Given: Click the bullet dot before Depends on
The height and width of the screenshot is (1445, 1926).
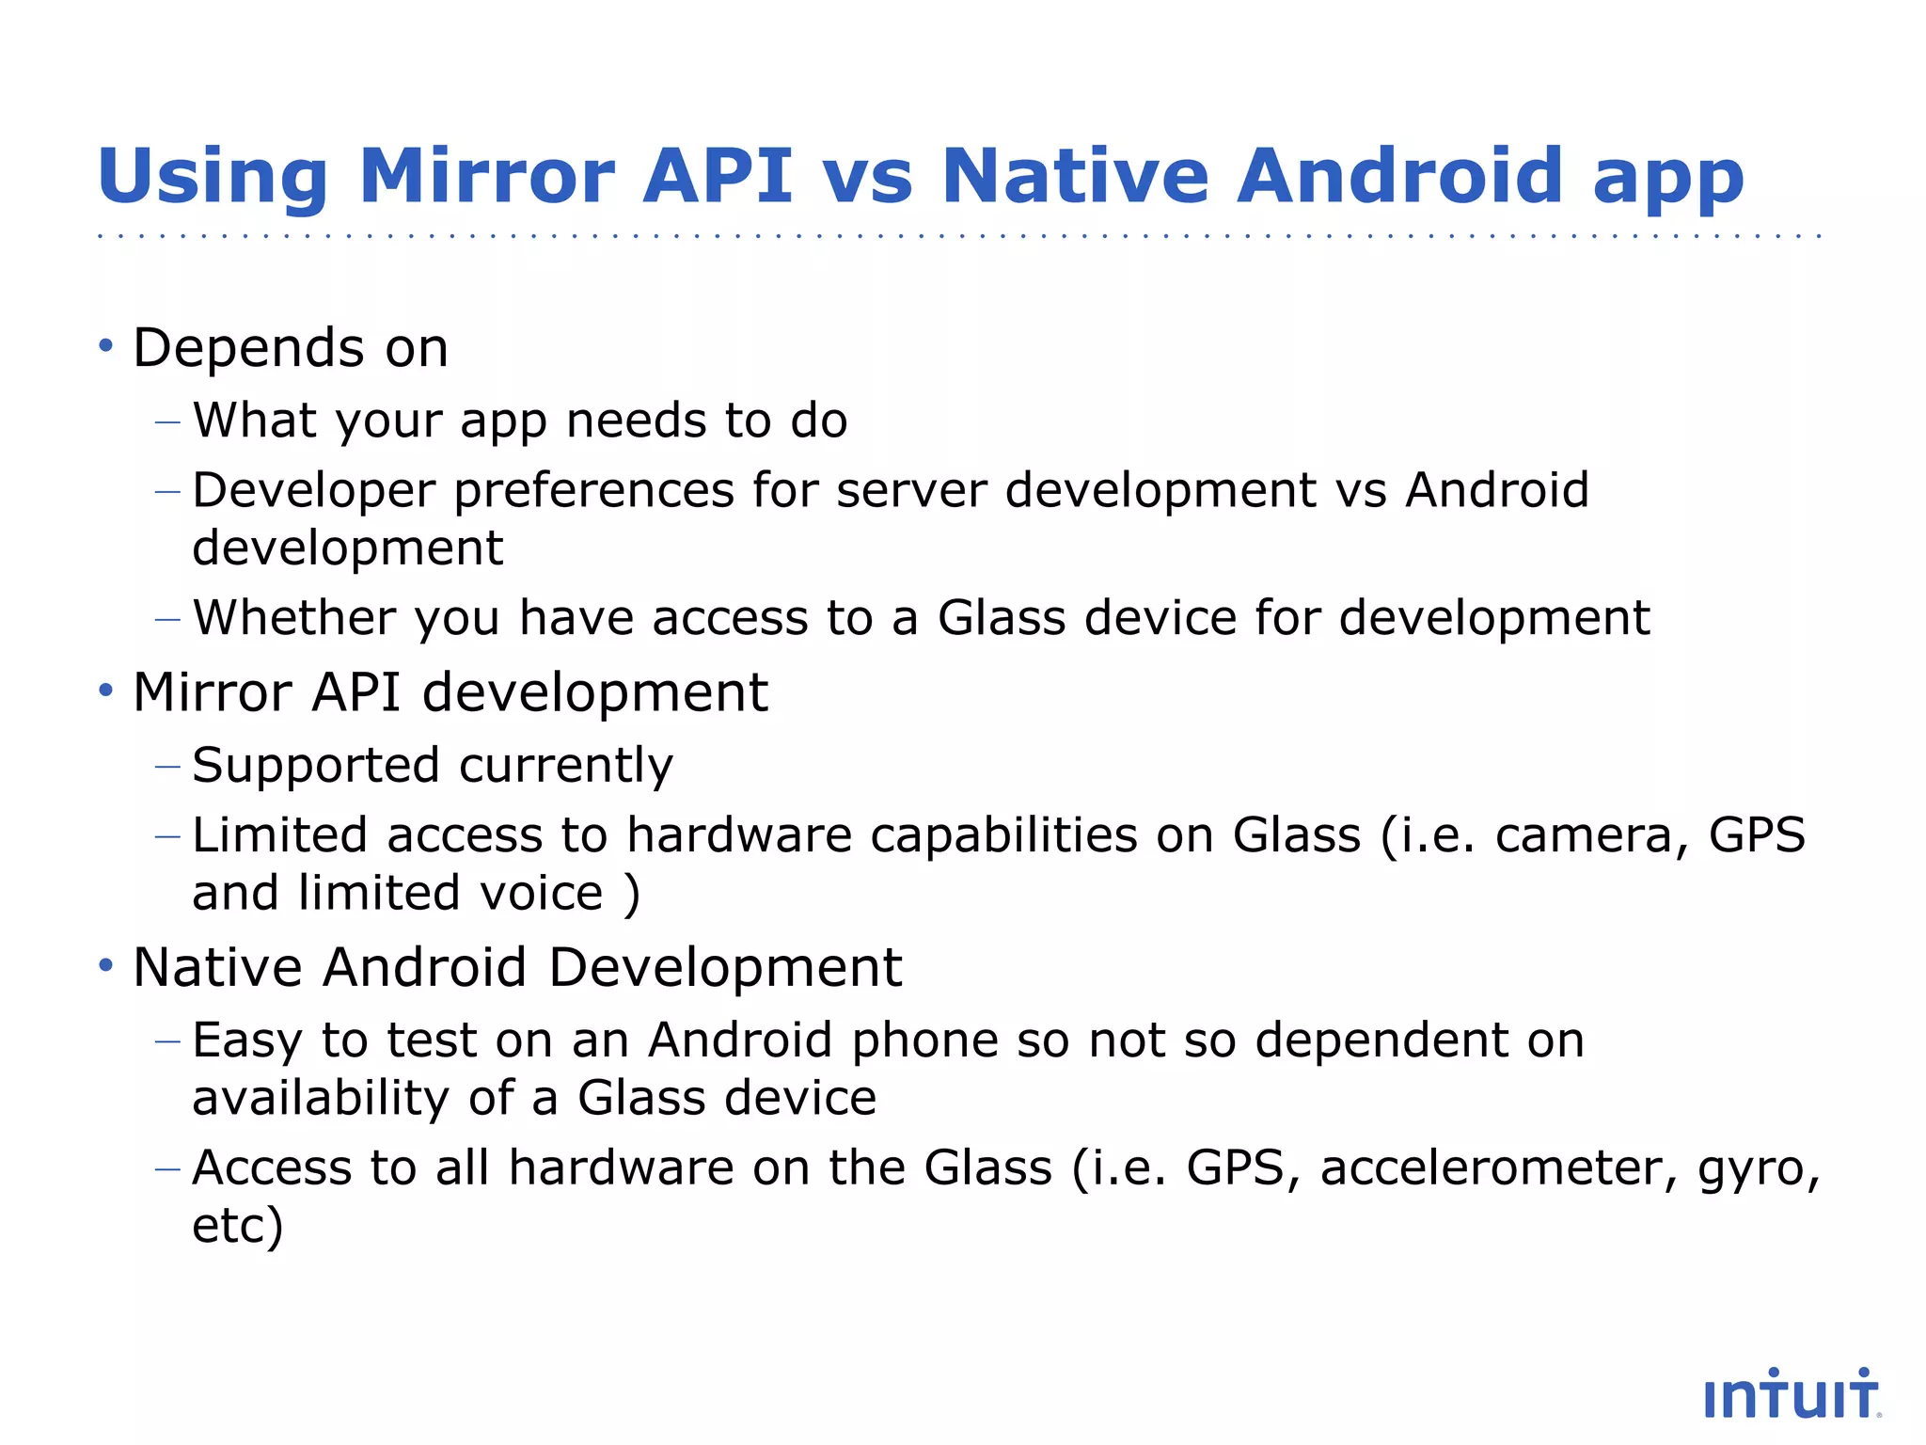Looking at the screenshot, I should coord(106,347).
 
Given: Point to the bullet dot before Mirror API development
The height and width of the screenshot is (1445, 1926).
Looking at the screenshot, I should coord(106,691).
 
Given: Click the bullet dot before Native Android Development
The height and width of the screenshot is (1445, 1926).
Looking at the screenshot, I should coord(106,966).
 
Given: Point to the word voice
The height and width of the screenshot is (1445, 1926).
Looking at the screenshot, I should coord(541,893).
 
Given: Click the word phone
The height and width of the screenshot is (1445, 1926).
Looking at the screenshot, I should coord(912,1040).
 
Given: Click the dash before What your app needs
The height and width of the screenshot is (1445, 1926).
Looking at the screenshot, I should coord(167,422).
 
